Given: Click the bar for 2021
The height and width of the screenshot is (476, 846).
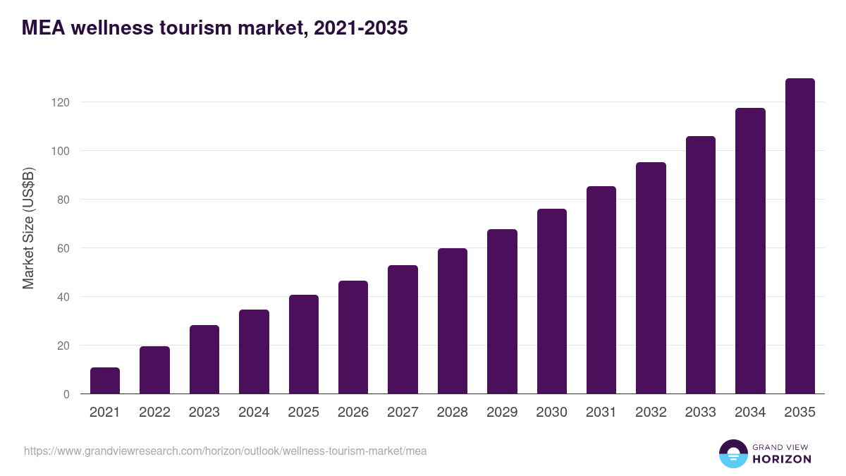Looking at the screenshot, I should [105, 381].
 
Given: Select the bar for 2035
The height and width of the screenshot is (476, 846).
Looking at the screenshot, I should [799, 236].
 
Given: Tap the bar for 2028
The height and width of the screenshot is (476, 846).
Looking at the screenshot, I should [453, 321].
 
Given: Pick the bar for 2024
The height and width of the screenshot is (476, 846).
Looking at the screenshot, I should [254, 351].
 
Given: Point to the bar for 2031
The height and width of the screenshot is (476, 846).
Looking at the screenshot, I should [601, 290].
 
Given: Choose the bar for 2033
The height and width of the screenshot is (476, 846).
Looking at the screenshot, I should [700, 265].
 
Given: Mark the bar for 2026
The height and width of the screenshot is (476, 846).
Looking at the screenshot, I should [353, 337].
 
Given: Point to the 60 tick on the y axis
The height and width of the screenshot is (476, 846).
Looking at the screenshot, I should [63, 248].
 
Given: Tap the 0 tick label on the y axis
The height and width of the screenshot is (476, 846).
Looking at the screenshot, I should [66, 394].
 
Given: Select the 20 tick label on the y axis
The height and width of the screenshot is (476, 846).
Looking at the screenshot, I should [63, 346].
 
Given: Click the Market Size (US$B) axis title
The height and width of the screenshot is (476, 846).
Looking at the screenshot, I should [28, 228].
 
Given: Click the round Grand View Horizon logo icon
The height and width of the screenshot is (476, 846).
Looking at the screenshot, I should [733, 453].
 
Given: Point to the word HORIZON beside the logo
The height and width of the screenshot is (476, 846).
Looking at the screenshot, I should [782, 459].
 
